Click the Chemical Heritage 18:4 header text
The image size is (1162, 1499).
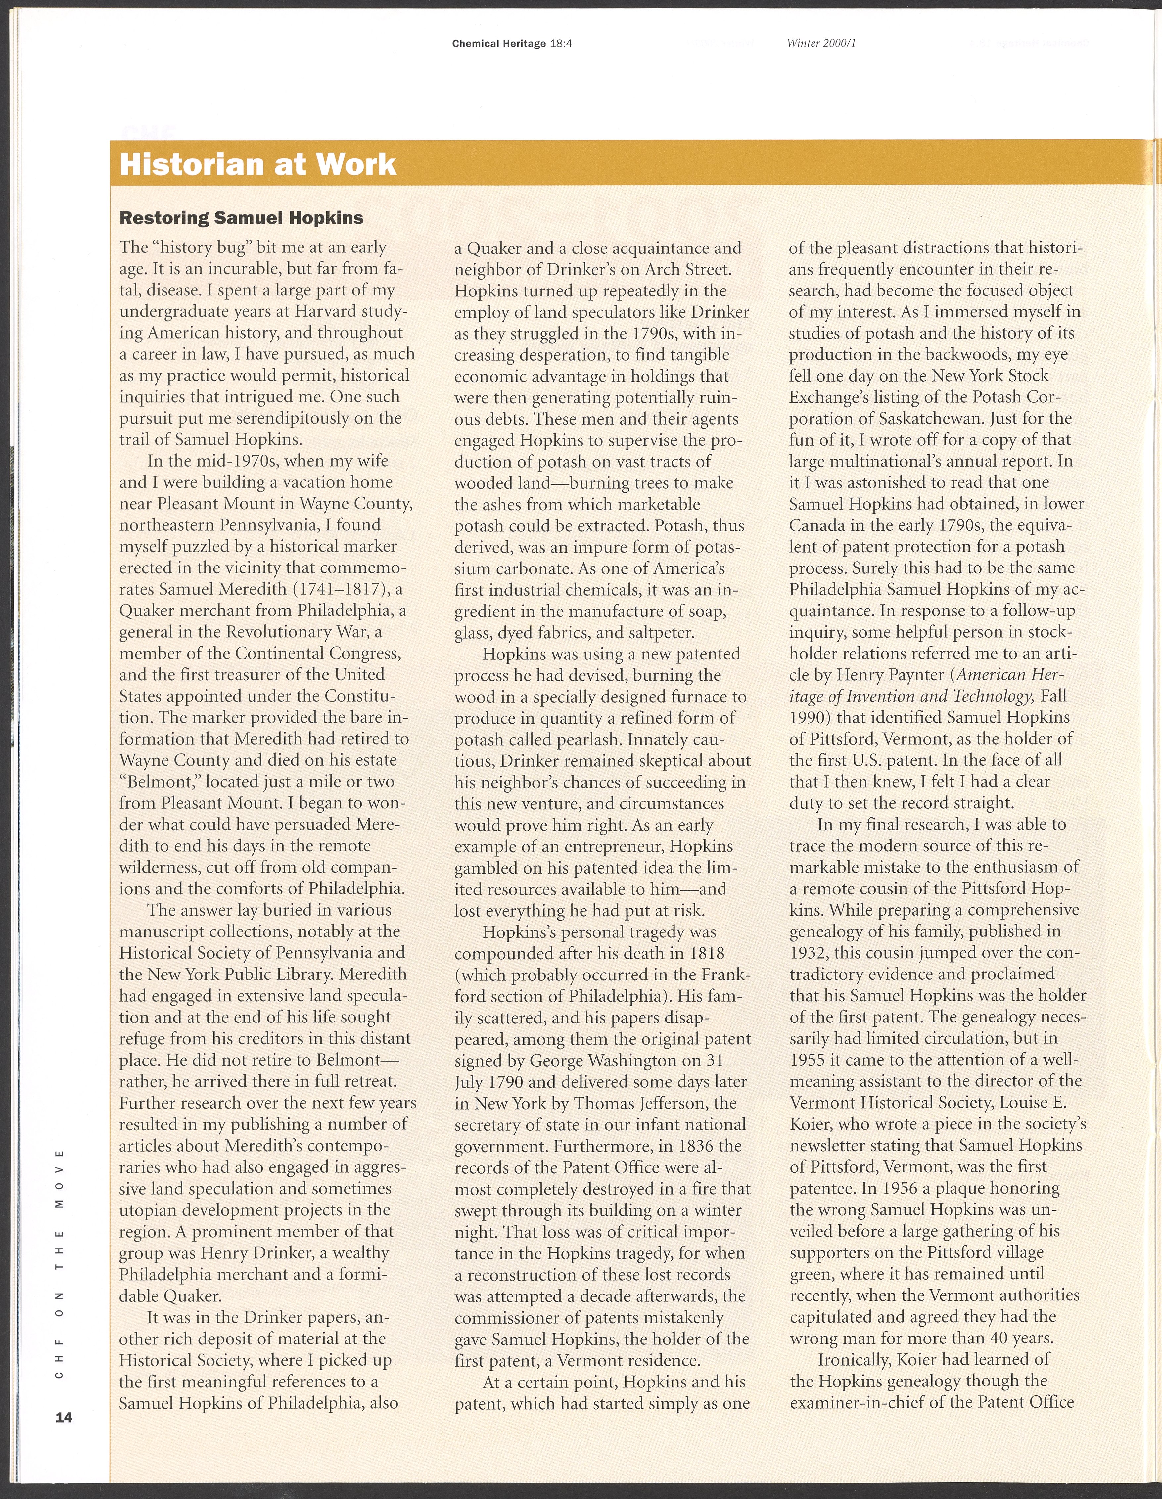512,44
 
